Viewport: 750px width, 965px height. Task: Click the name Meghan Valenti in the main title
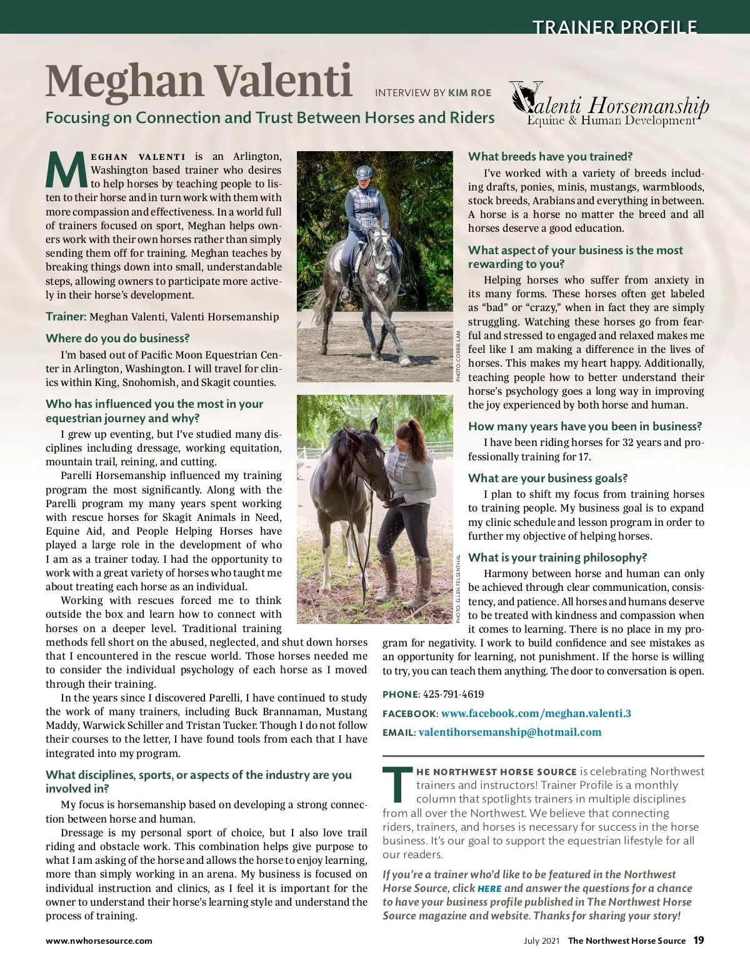coord(199,81)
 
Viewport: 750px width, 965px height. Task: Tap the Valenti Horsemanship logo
coord(609,104)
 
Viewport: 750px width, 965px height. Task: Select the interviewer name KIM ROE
coord(470,92)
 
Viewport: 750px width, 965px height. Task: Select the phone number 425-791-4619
coord(453,694)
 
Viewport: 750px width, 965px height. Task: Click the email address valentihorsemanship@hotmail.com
coord(510,732)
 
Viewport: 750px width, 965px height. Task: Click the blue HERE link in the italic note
coord(489,889)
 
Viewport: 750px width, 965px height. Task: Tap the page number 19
coord(698,940)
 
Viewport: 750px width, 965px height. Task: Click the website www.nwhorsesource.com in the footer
coord(99,941)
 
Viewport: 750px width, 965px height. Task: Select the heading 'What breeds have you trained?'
coord(550,157)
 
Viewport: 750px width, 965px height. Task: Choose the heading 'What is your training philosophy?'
coord(557,557)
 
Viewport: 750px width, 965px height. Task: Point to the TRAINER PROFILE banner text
coord(614,27)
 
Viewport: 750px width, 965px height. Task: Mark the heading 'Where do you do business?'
coord(117,339)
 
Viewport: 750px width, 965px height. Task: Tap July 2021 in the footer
coord(541,941)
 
